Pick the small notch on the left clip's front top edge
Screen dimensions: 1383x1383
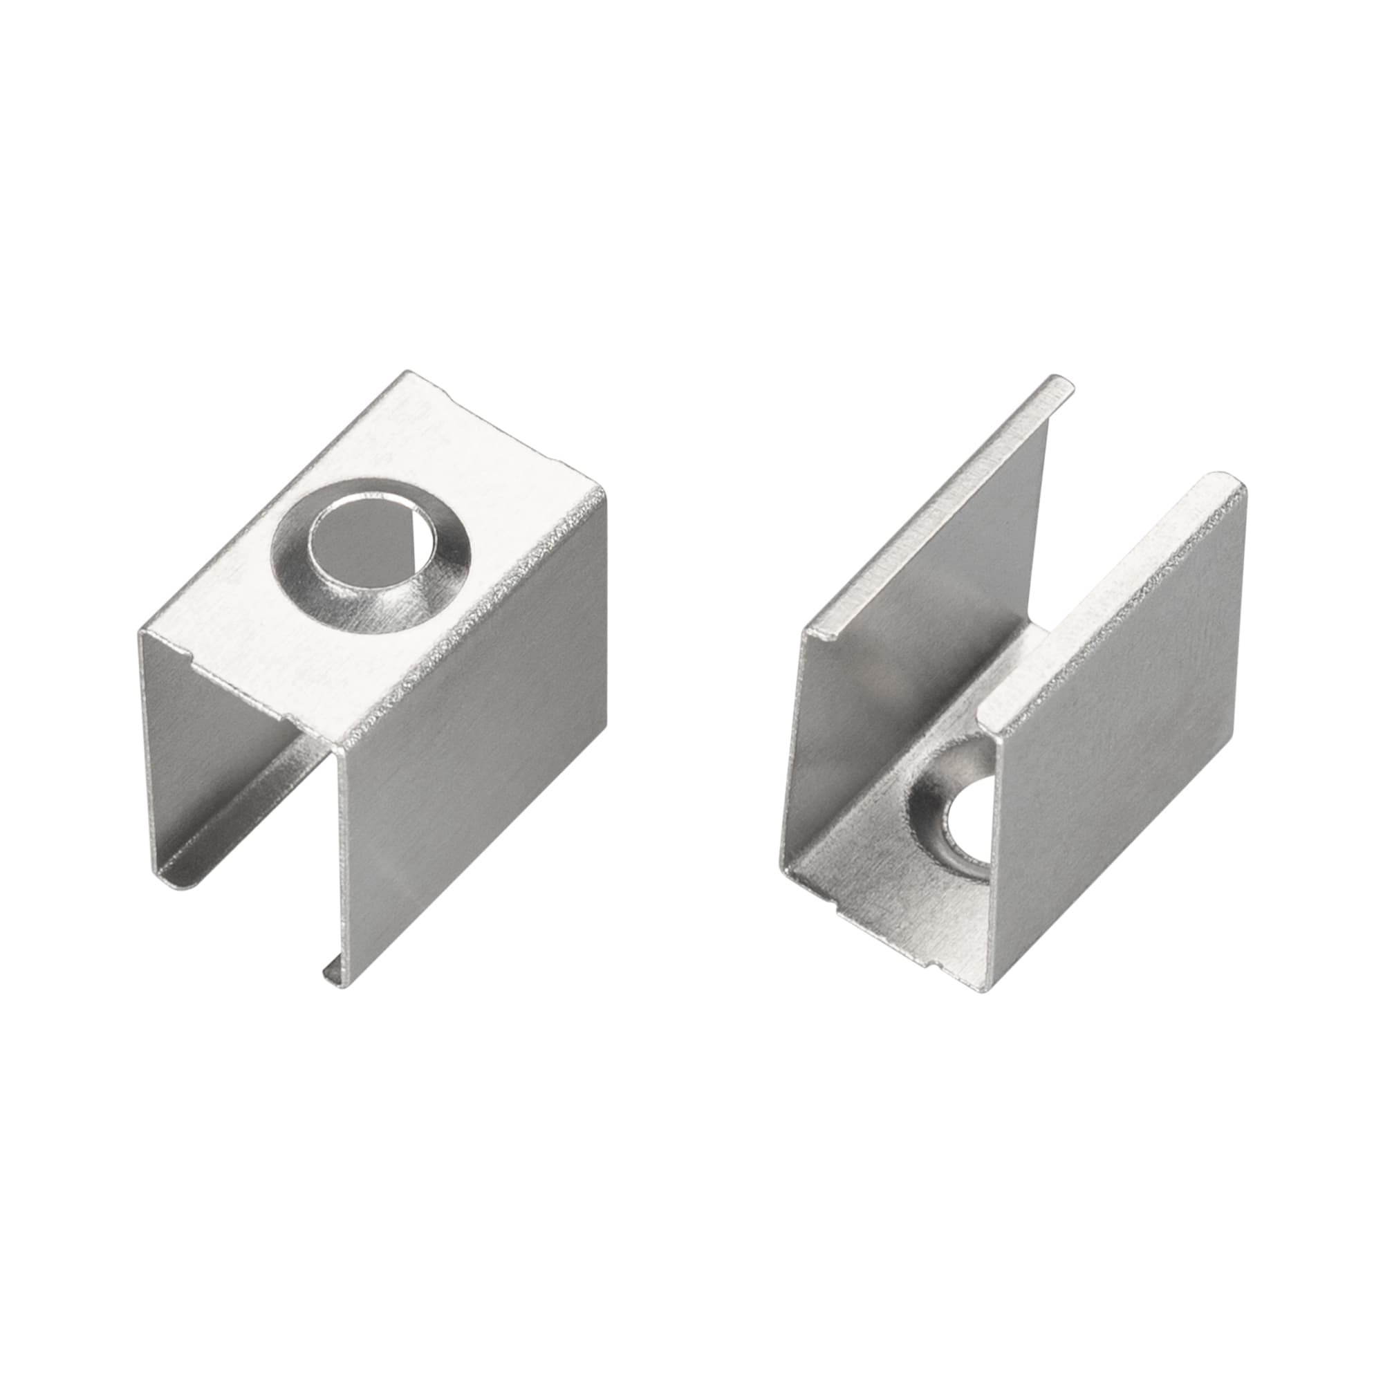187,653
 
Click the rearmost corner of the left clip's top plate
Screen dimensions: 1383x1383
409,372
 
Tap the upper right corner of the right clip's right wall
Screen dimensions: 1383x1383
1244,487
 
